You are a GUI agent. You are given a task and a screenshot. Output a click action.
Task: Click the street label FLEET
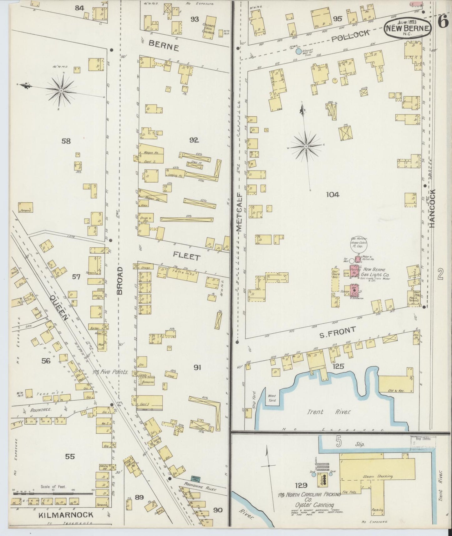point(187,257)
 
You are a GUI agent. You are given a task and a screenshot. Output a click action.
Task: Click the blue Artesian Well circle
point(299,51)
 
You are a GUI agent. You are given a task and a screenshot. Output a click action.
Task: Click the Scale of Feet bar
point(53,494)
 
